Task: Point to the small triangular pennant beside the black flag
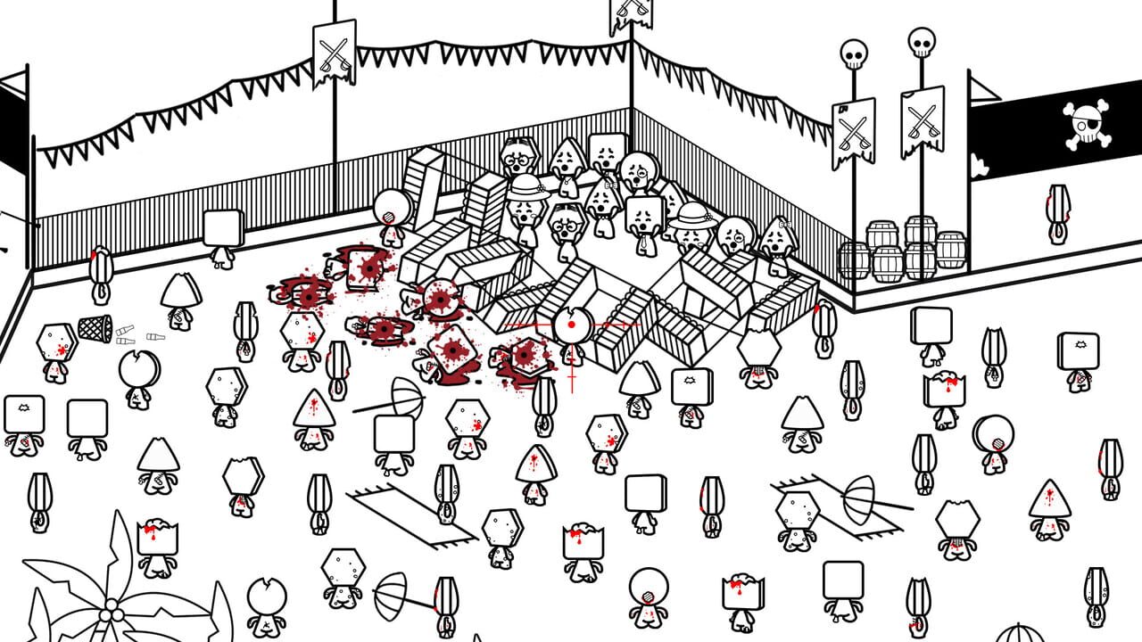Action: [981, 90]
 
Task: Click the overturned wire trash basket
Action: [95, 327]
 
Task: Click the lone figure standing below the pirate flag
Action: [1058, 214]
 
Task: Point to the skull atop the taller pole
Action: [921, 41]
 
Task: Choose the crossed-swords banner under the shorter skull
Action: [853, 134]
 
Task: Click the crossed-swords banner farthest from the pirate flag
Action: [334, 53]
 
